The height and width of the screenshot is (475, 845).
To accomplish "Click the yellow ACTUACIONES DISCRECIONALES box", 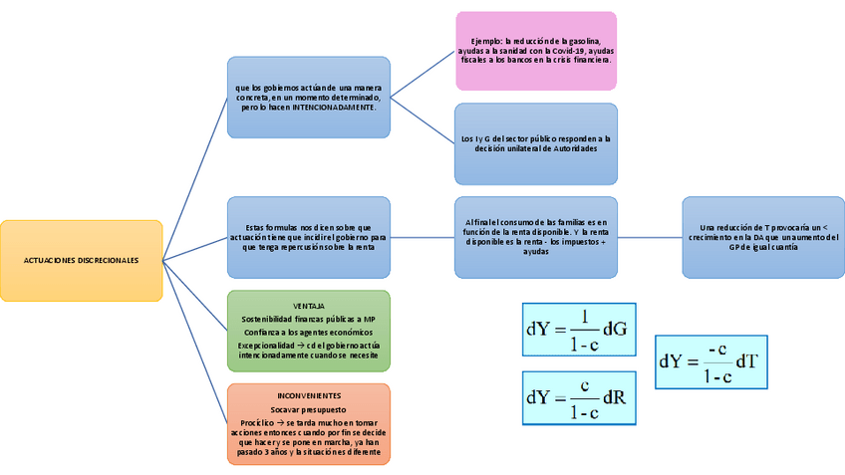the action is click(82, 260).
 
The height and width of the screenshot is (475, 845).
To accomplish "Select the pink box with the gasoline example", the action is click(536, 50).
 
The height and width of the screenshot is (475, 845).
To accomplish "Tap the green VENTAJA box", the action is click(309, 331).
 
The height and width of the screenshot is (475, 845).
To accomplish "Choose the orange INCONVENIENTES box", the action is click(309, 424).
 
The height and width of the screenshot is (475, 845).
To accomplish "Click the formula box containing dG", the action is click(578, 330).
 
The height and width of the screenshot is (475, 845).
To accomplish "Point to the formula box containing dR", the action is click(578, 398).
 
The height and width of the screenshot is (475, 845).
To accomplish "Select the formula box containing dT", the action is click(710, 361).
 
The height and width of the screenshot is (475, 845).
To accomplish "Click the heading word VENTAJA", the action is click(309, 305).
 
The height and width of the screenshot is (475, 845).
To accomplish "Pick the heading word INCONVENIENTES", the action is click(309, 395).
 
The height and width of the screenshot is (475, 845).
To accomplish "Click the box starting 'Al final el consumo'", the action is click(536, 237).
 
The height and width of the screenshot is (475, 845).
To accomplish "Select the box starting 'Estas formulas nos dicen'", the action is click(309, 237).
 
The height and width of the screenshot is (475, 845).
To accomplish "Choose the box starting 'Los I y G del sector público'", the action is click(536, 143).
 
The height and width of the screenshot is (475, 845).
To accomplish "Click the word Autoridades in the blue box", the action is click(568, 148).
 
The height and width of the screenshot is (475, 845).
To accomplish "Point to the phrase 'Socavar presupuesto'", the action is click(309, 409).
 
